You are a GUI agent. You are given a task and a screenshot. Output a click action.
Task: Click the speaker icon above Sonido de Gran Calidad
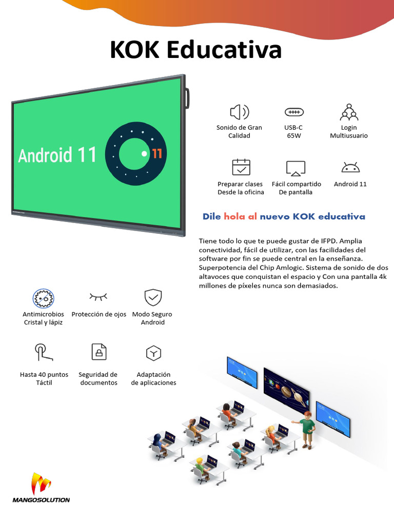click(239, 112)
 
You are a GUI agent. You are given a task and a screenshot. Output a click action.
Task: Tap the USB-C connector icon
click(294, 112)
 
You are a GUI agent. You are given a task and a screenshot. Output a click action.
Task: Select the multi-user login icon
click(349, 112)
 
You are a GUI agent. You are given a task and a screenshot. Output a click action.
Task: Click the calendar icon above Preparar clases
click(241, 168)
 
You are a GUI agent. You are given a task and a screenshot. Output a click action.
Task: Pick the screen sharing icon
click(295, 168)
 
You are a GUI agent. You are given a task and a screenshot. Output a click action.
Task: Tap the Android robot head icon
click(350, 168)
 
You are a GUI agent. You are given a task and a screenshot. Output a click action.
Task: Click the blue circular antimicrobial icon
click(44, 298)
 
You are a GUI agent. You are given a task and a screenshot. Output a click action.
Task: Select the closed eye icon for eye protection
click(98, 296)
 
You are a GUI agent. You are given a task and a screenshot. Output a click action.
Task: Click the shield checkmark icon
click(153, 297)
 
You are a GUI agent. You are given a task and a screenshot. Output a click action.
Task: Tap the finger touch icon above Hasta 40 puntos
click(44, 352)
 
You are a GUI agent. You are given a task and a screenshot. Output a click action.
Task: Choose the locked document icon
click(98, 352)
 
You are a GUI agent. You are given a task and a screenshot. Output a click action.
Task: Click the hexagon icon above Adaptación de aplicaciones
click(153, 353)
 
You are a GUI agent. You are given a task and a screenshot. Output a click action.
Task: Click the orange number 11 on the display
click(157, 154)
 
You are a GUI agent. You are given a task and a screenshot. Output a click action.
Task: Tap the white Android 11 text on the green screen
click(57, 155)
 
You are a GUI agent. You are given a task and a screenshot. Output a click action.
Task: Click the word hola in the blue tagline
click(234, 216)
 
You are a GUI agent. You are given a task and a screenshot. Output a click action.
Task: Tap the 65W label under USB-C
click(293, 136)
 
